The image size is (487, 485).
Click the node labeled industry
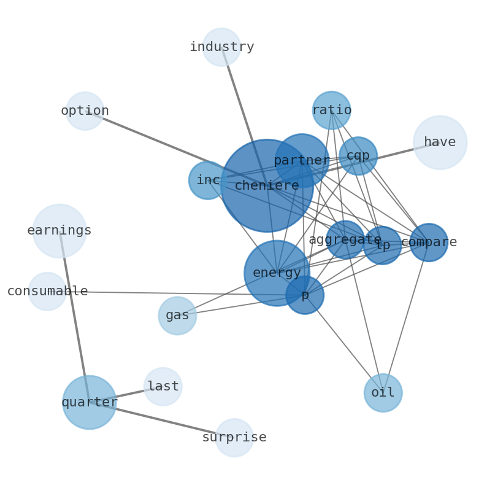[x=221, y=47]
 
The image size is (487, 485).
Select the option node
[x=85, y=111]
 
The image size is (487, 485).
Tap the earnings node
[x=59, y=231]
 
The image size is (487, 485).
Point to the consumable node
[x=47, y=292]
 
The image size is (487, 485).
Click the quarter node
[x=90, y=403]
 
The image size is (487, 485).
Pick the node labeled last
[x=163, y=387]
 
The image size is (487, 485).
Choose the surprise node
[x=234, y=438]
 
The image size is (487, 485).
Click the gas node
[x=177, y=316]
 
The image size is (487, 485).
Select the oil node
[x=383, y=393]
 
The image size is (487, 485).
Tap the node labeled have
[x=440, y=142]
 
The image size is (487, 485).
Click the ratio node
[x=331, y=111]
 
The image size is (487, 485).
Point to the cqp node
[x=358, y=156]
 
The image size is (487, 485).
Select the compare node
[x=429, y=243]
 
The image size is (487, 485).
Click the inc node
[x=208, y=180]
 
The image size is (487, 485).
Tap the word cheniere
[x=267, y=185]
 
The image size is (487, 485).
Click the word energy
[x=277, y=273]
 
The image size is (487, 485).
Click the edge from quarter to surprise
[x=163, y=421]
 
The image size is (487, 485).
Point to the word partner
[x=302, y=161]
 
